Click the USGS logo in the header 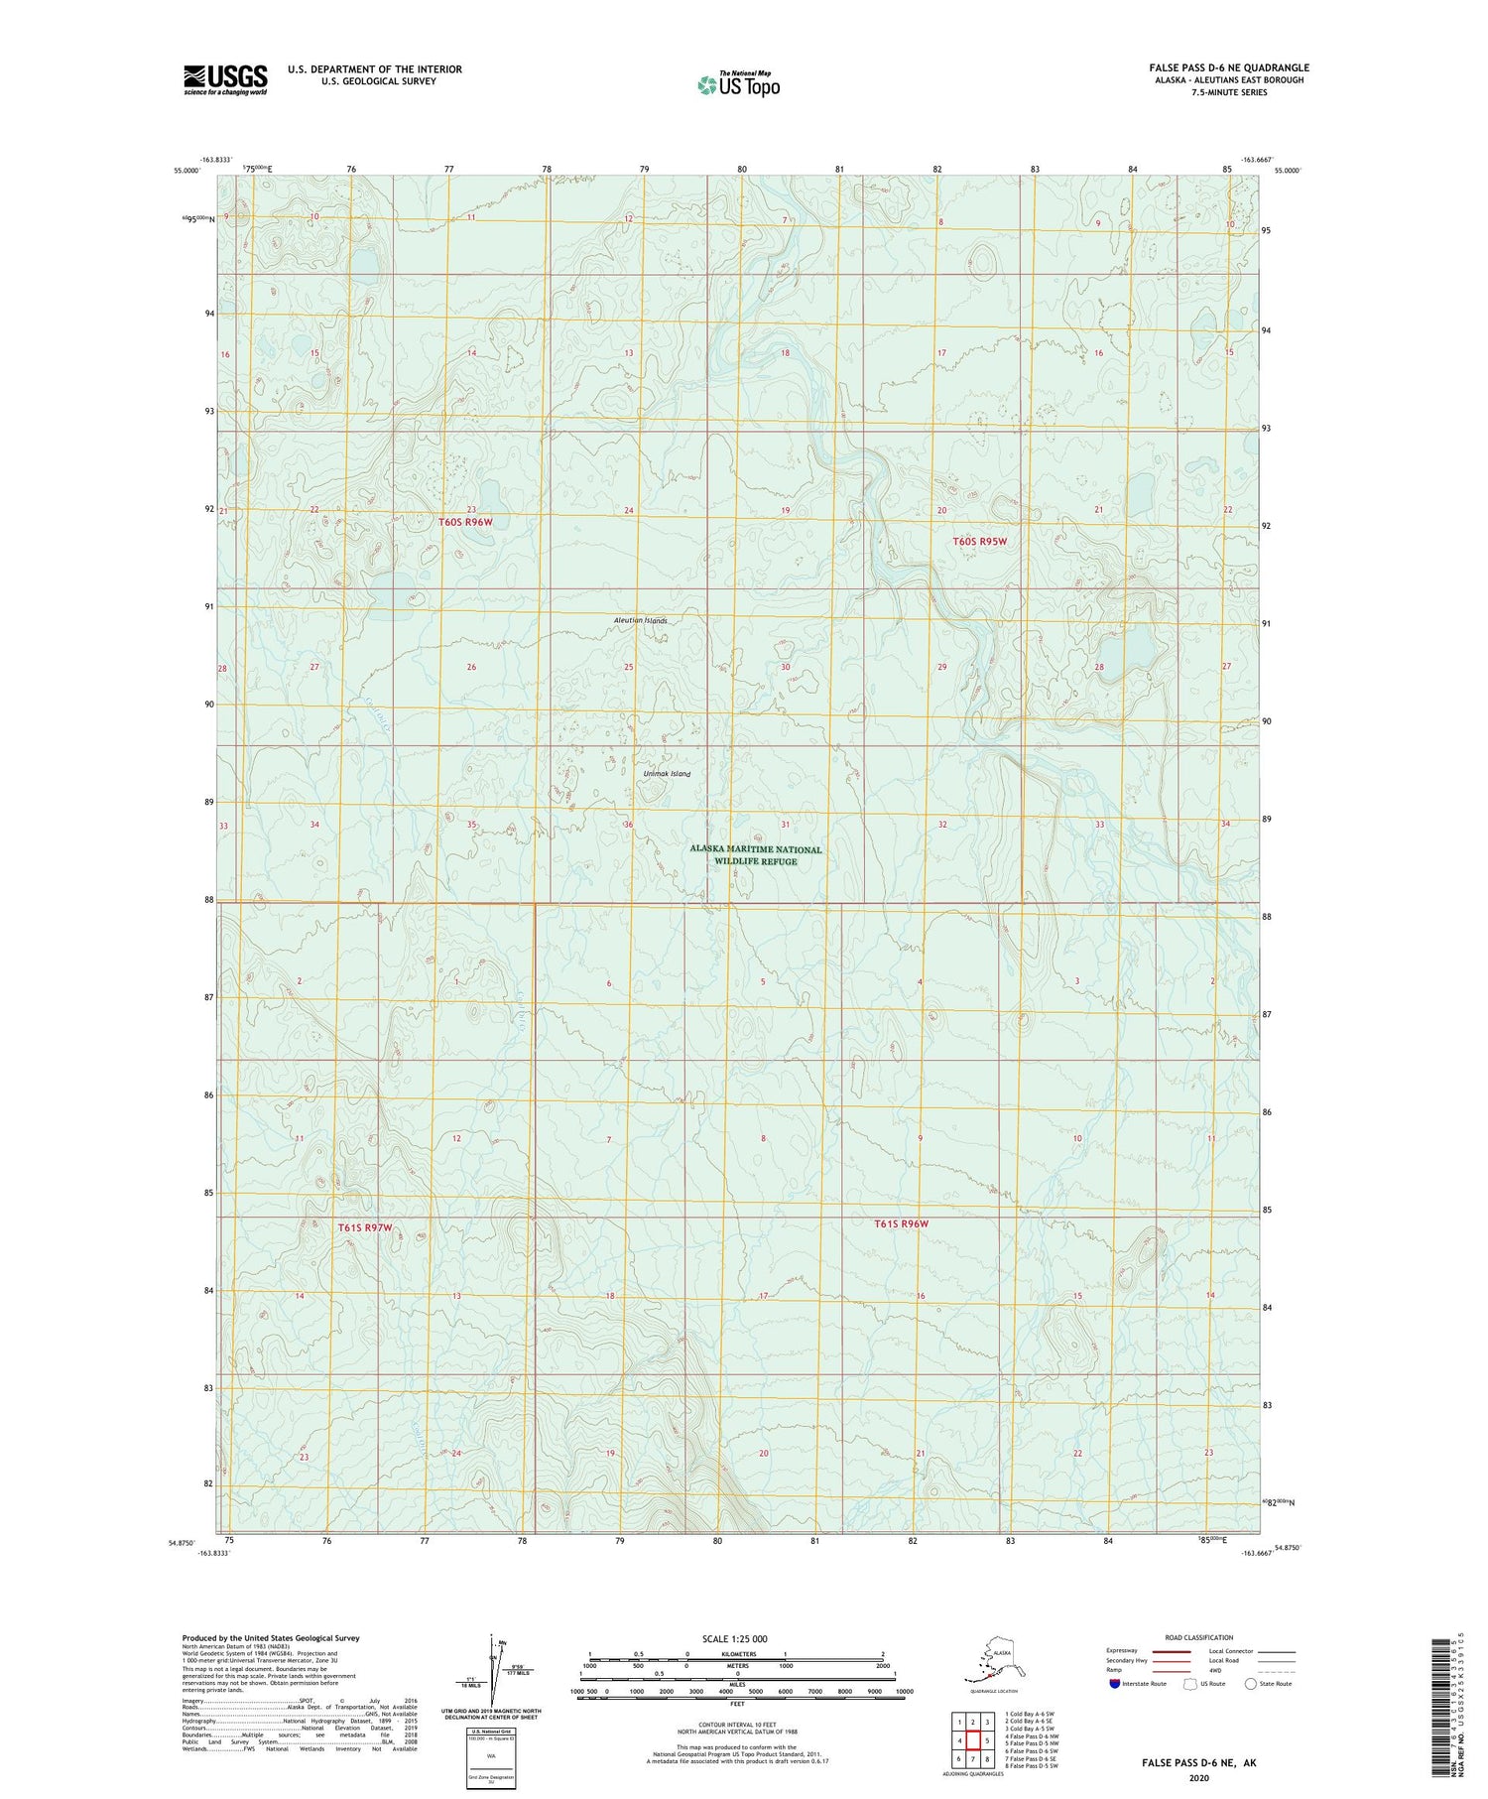tap(225, 79)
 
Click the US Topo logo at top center tap(738, 84)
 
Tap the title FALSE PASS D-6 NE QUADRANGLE tap(1229, 67)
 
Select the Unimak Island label tap(666, 773)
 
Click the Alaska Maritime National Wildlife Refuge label tap(756, 855)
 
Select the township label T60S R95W tap(979, 541)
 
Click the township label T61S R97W tap(365, 1227)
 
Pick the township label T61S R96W tap(901, 1223)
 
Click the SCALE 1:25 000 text tap(734, 1638)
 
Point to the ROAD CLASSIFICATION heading tap(1199, 1637)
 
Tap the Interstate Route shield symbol tap(1115, 1684)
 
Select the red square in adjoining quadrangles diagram tap(973, 1740)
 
